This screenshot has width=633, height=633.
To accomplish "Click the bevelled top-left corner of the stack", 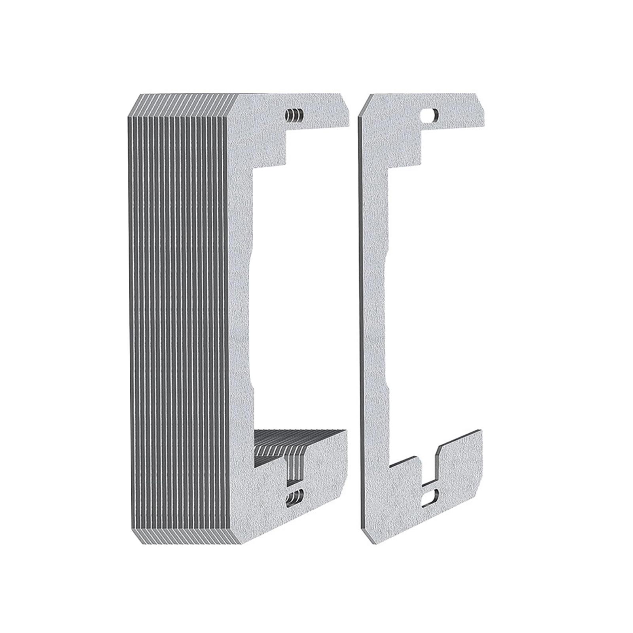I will click(133, 107).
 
